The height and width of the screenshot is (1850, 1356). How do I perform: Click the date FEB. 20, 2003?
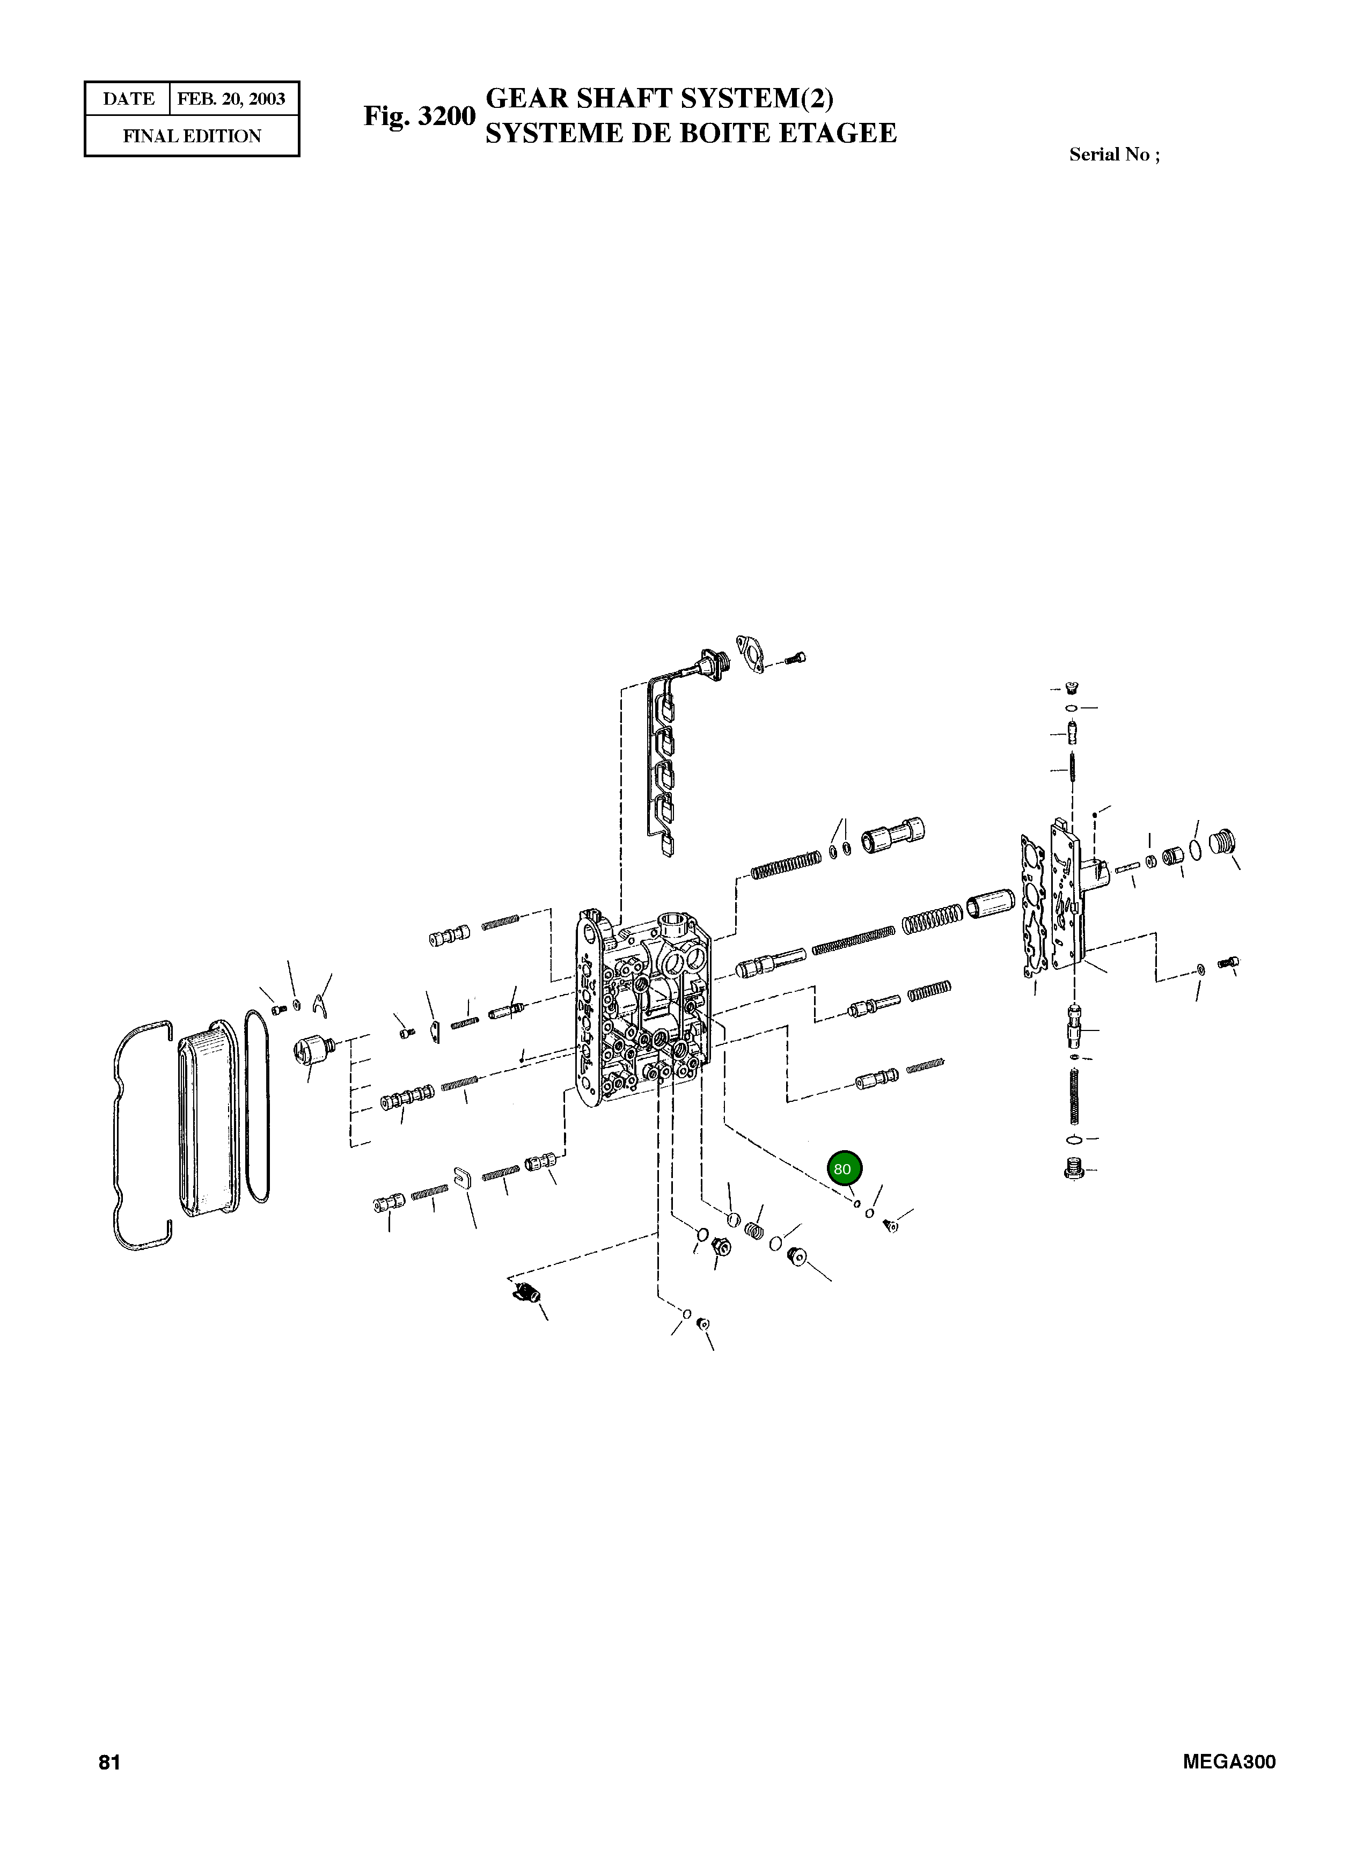point(231,99)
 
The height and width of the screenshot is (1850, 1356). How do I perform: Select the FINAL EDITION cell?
point(192,136)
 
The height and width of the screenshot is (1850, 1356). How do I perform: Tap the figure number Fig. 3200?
point(420,116)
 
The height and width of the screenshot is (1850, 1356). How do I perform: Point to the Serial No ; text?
point(1114,155)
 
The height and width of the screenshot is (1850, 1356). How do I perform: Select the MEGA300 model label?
point(1229,1762)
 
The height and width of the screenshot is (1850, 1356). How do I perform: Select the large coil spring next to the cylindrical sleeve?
point(932,918)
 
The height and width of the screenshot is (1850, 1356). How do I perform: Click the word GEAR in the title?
point(527,99)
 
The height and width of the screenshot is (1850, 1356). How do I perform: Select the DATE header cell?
point(128,99)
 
